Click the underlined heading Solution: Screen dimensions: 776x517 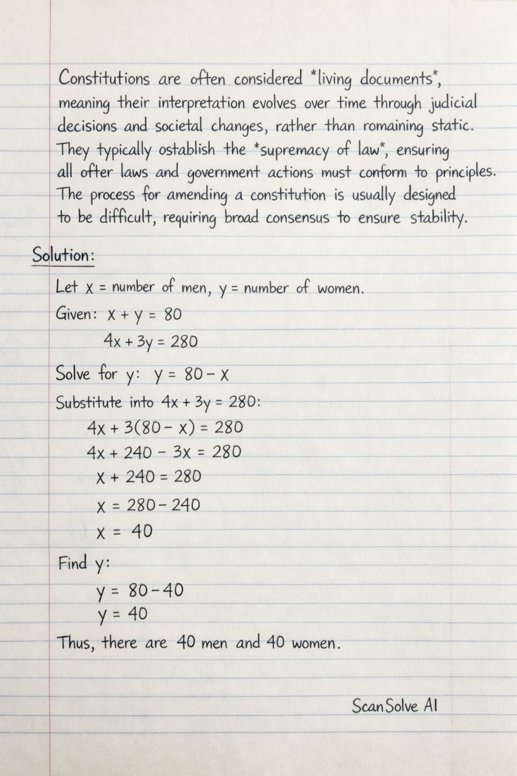[x=63, y=255]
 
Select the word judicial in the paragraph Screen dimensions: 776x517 [x=453, y=104]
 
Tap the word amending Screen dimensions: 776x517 [x=196, y=196]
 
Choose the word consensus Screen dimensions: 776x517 [x=298, y=218]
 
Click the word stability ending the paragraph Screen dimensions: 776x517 [x=438, y=219]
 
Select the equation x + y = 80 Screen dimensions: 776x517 [x=144, y=315]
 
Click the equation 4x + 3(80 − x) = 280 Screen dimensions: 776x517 [x=165, y=428]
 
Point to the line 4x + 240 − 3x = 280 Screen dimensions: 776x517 [x=164, y=452]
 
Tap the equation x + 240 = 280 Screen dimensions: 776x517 [x=148, y=476]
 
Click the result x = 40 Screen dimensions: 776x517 [x=124, y=531]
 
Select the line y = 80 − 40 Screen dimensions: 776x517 [x=140, y=590]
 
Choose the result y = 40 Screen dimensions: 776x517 [x=123, y=614]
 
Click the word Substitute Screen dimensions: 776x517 [x=89, y=403]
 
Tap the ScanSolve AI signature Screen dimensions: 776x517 [x=394, y=706]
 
